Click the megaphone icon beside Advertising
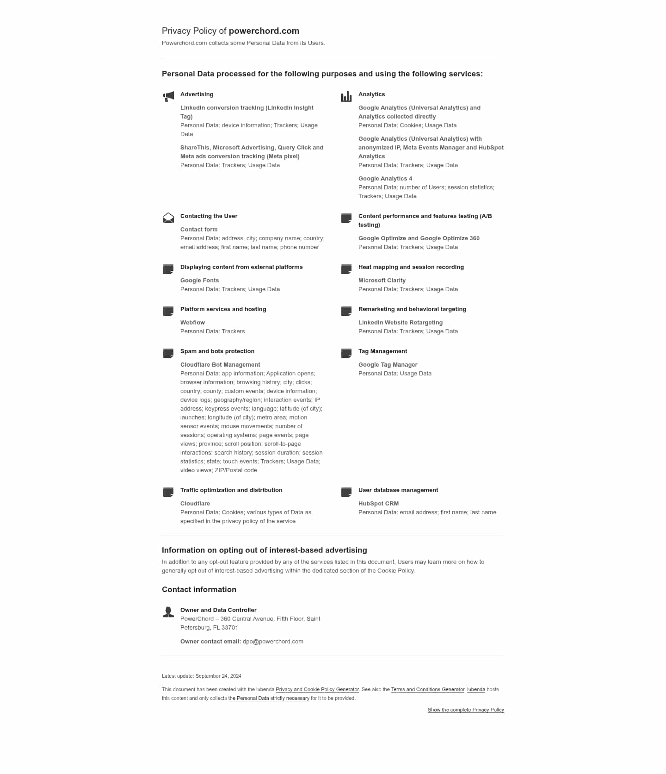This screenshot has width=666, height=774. pos(168,96)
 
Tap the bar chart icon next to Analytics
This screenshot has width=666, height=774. pos(346,96)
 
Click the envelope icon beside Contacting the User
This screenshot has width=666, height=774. pos(168,218)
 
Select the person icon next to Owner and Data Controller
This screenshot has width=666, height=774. pos(168,612)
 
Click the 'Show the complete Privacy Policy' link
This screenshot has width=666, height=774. pos(466,710)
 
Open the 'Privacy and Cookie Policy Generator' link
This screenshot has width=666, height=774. pos(317,689)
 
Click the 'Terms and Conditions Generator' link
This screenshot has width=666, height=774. pos(428,689)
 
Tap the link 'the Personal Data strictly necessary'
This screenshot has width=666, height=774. pos(269,698)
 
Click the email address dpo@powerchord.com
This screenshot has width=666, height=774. pos(273,641)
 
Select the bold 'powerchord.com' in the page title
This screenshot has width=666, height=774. pos(264,31)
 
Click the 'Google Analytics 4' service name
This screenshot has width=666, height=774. pos(385,179)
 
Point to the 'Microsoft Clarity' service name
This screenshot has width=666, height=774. pos(382,281)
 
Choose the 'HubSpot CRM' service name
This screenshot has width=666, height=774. pos(378,504)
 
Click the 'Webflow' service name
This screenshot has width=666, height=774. pos(192,323)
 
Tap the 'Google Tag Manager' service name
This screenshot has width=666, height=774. pos(388,365)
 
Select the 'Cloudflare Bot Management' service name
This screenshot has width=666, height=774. pos(220,365)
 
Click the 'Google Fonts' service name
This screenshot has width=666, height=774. pos(199,281)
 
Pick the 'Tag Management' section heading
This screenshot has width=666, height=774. pos(382,351)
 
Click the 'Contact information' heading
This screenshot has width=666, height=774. pos(199,589)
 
